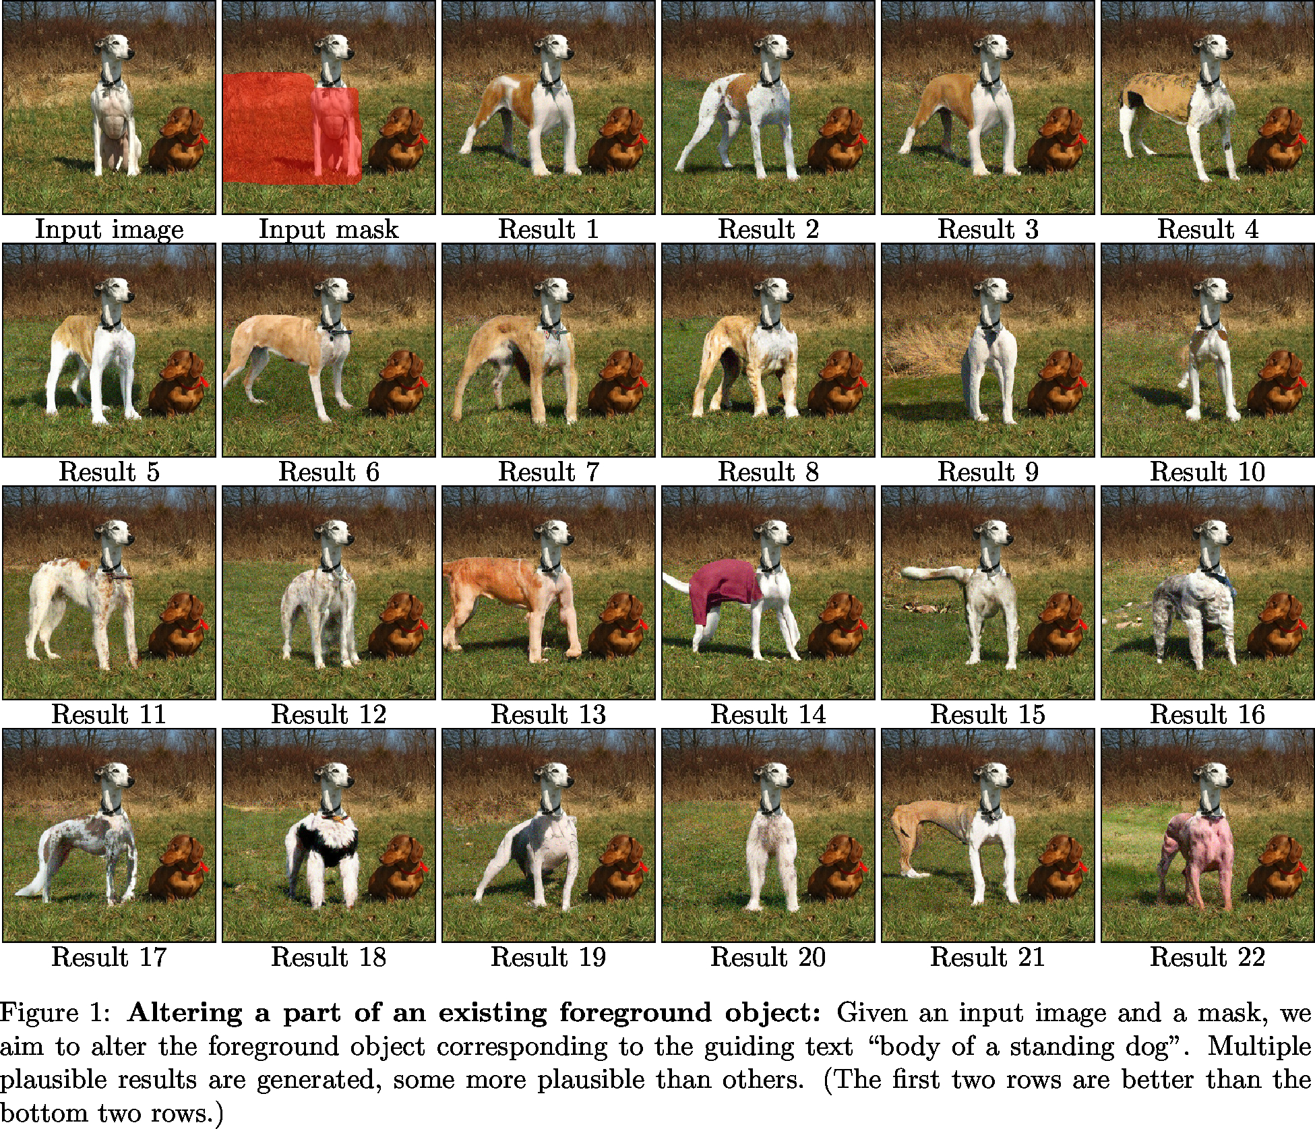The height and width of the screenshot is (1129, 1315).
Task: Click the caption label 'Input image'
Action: click(109, 230)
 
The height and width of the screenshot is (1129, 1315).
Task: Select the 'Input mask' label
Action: click(329, 230)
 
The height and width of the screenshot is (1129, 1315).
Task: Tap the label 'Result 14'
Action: click(768, 714)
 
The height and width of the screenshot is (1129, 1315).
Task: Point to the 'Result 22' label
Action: click(1207, 957)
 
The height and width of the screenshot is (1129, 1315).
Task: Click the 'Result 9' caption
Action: click(988, 472)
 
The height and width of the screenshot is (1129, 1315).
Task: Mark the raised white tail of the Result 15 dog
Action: click(934, 574)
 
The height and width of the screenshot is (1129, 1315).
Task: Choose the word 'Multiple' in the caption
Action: click(1260, 1047)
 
